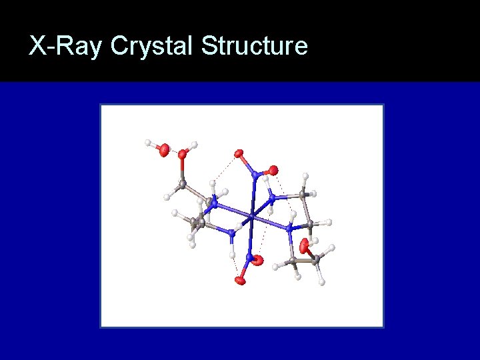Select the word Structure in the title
(254, 46)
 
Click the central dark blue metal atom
(251, 216)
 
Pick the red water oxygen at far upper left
(163, 151)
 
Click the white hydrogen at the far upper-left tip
(148, 142)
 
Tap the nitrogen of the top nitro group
(255, 175)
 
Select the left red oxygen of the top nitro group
(238, 154)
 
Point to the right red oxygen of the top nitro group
(273, 170)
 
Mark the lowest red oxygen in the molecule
(239, 281)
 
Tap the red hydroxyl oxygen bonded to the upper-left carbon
(182, 154)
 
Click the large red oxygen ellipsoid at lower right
(305, 246)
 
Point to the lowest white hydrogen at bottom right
(322, 282)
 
